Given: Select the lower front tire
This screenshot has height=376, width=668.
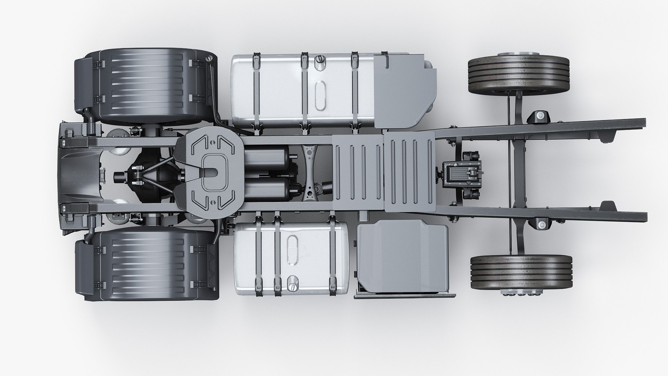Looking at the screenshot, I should coord(521,272).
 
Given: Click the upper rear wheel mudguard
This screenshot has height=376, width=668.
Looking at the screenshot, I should coord(146,87).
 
